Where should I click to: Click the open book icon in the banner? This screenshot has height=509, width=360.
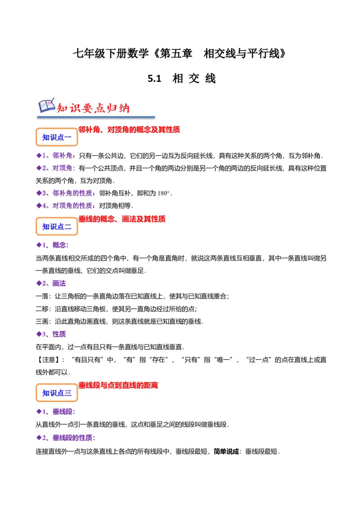click(x=46, y=106)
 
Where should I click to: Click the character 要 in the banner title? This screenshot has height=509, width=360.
click(x=85, y=108)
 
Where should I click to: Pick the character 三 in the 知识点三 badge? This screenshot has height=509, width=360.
click(x=68, y=393)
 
